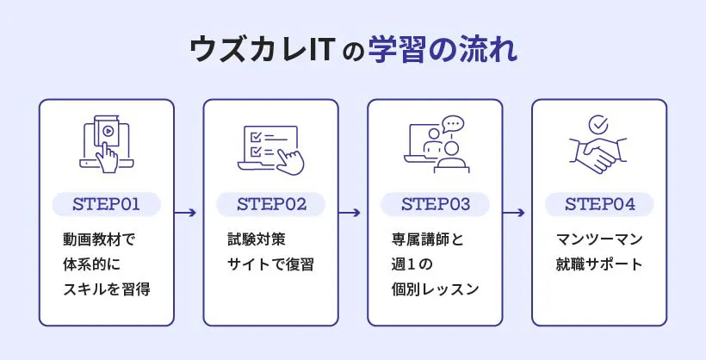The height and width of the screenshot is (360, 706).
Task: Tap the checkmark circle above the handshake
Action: click(x=598, y=126)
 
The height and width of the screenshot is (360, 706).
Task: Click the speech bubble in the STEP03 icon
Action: click(x=452, y=125)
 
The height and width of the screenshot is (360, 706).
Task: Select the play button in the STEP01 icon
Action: click(x=108, y=133)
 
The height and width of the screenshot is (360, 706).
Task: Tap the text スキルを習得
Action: click(x=107, y=289)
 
